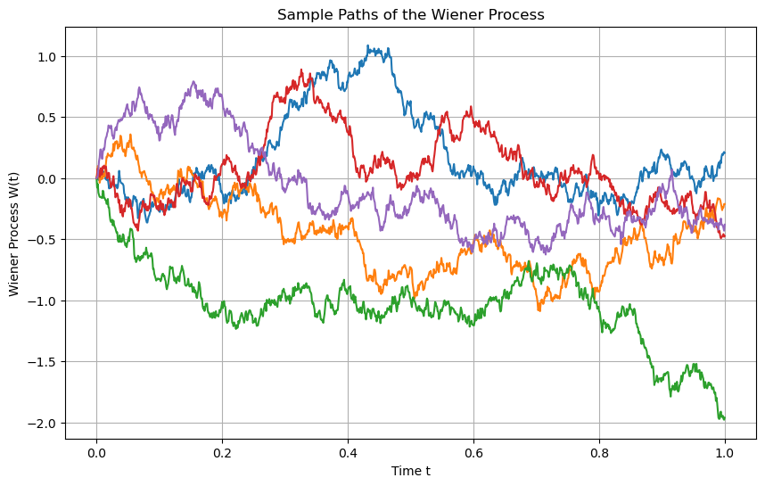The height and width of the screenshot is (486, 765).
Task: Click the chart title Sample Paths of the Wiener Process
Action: [x=411, y=14]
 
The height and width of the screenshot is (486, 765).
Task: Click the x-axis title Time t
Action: [x=411, y=471]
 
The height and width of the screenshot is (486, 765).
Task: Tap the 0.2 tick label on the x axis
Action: [x=222, y=452]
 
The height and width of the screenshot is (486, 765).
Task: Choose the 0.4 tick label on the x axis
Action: [x=348, y=452]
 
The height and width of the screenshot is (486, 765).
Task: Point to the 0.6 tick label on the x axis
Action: [x=473, y=452]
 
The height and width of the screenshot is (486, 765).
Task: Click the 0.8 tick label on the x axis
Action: [x=599, y=452]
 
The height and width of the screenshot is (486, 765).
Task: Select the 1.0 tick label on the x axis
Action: [x=725, y=452]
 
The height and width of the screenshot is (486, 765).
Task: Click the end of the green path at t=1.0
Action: [x=725, y=419]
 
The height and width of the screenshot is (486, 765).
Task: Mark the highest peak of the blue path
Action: [x=369, y=45]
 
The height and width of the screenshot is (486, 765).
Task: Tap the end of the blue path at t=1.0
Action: [x=725, y=152]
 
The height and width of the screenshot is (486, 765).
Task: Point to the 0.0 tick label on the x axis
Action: [x=96, y=452]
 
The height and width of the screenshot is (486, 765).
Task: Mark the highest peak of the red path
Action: [x=301, y=69]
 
